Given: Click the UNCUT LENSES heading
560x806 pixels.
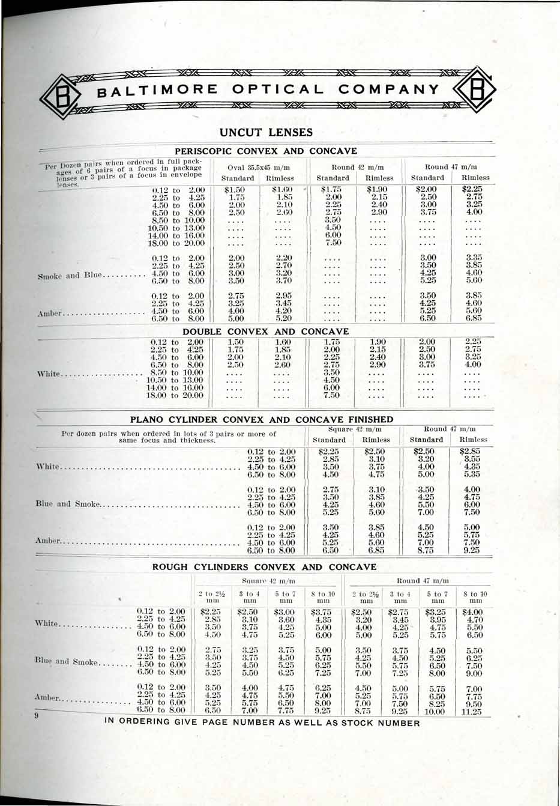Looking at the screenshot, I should click(x=266, y=132).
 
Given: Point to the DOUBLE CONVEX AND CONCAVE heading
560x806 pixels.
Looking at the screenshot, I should click(x=265, y=332).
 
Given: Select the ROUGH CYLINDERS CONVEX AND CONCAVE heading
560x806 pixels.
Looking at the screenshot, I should click(x=264, y=567).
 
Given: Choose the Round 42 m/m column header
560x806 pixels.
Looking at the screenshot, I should click(x=358, y=167).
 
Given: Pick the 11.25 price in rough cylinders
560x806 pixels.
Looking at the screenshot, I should click(x=474, y=711).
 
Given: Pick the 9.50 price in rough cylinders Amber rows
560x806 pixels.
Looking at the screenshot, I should click(x=474, y=702).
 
